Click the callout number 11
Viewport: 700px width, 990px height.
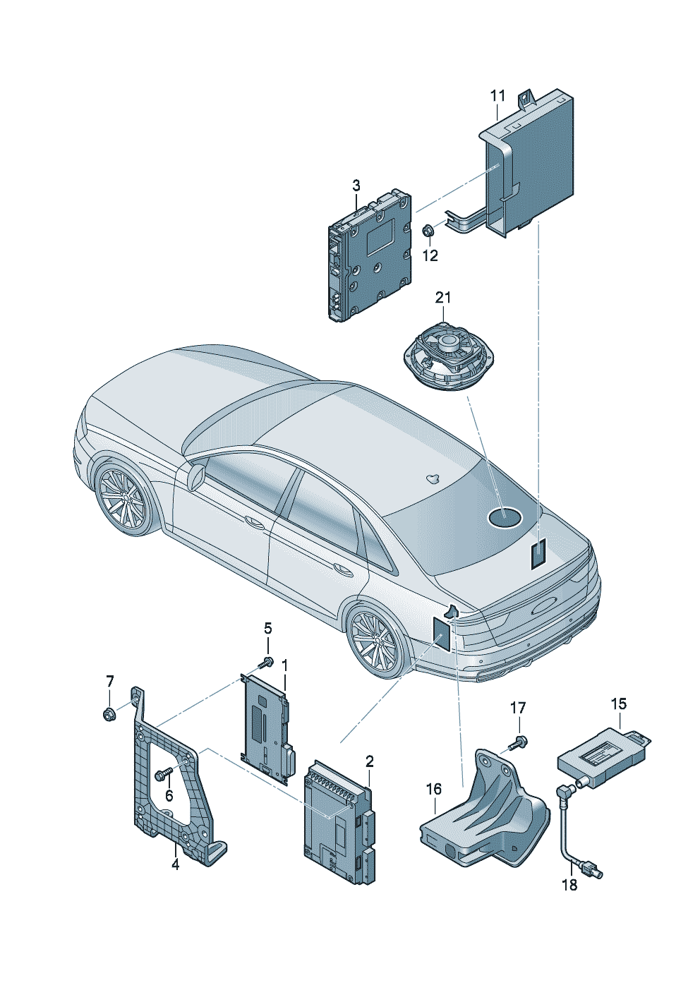coord(497,95)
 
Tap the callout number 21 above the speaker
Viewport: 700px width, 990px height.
coord(442,298)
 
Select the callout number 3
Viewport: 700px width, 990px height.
coord(356,186)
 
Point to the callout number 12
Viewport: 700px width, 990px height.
coord(430,255)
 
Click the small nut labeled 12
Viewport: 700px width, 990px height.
coord(428,230)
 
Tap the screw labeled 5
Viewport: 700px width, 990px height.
coord(267,662)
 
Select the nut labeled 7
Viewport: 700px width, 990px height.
coord(109,714)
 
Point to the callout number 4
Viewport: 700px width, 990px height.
coord(175,864)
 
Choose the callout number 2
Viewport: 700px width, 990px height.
coord(369,761)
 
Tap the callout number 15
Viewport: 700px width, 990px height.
coord(618,704)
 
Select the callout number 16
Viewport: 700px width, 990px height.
coord(433,788)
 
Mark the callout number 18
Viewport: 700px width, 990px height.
coord(569,884)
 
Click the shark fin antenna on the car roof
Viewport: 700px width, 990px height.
coord(431,478)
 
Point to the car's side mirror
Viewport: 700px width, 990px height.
coord(194,476)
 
